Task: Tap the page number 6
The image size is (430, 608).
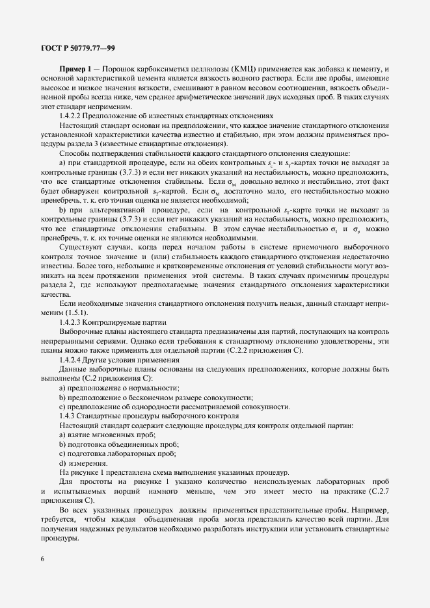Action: click(42, 560)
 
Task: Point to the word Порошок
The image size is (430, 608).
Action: click(117, 70)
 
